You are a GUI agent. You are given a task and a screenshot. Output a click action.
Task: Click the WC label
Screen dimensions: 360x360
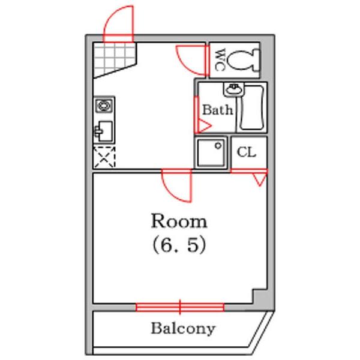[x=220, y=60]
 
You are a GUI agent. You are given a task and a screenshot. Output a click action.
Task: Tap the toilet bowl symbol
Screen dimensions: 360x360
[x=244, y=59]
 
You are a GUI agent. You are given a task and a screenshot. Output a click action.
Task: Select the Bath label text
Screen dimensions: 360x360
[x=217, y=110]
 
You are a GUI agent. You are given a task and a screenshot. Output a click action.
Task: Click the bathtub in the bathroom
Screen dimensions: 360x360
[x=251, y=107]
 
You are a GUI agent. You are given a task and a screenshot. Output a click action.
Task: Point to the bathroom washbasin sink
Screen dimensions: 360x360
[x=234, y=89]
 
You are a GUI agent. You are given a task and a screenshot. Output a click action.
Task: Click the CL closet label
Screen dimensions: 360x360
[x=246, y=152]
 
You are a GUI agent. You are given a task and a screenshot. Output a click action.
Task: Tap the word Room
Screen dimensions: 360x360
[x=179, y=221]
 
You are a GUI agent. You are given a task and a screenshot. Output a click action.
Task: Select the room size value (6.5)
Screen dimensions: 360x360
[x=179, y=245]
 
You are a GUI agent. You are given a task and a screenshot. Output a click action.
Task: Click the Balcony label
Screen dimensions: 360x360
[x=183, y=329]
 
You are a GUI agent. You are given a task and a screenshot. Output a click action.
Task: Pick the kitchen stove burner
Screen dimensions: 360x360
[x=104, y=106]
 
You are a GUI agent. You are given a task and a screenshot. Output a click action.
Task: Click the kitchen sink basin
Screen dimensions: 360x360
[x=104, y=131]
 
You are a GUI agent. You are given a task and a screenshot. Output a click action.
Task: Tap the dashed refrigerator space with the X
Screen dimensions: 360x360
[x=104, y=157]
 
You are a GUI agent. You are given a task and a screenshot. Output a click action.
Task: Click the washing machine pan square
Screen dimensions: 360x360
[x=211, y=152]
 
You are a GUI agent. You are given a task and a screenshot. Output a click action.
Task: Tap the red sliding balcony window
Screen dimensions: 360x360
[x=180, y=307]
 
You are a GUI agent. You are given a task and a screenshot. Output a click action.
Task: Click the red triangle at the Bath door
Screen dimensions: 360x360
[x=205, y=126]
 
